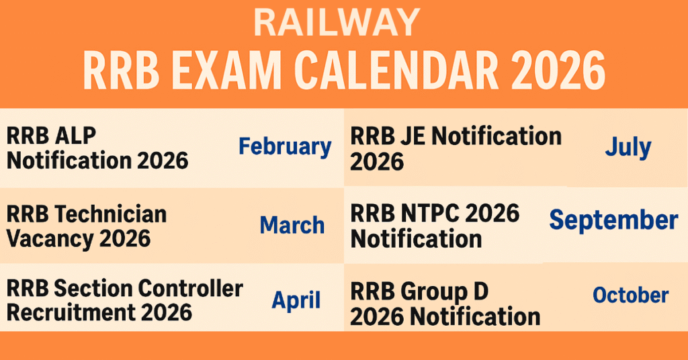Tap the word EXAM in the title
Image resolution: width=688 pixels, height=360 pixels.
(221, 70)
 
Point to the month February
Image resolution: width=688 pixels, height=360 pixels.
(285, 147)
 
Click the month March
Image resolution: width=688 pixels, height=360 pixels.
(292, 225)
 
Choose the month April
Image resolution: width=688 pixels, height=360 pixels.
(296, 300)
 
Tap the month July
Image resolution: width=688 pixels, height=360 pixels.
(628, 147)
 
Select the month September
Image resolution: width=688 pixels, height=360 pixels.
(613, 220)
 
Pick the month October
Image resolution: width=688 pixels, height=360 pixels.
(630, 295)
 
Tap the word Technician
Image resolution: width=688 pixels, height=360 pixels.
(111, 214)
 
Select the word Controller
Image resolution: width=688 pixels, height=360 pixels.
(189, 289)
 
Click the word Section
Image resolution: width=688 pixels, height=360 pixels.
(96, 289)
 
